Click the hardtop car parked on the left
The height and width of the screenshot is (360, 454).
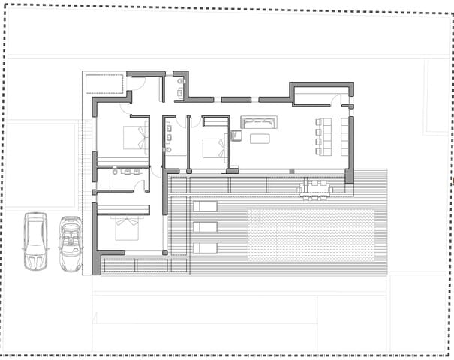[35, 241]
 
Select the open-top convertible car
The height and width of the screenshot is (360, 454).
[71, 244]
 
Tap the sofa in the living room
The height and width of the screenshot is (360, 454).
[259, 122]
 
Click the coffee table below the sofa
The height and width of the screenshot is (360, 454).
[260, 138]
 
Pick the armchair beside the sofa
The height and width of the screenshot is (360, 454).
[236, 136]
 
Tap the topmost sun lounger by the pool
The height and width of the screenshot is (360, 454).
[204, 206]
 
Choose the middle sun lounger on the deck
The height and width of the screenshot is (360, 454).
[204, 227]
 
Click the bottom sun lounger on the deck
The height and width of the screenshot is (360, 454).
[204, 248]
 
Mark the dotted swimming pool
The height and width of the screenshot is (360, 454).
[311, 235]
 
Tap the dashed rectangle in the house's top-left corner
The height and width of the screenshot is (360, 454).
[104, 83]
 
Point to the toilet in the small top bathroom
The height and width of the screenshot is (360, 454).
[179, 93]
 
